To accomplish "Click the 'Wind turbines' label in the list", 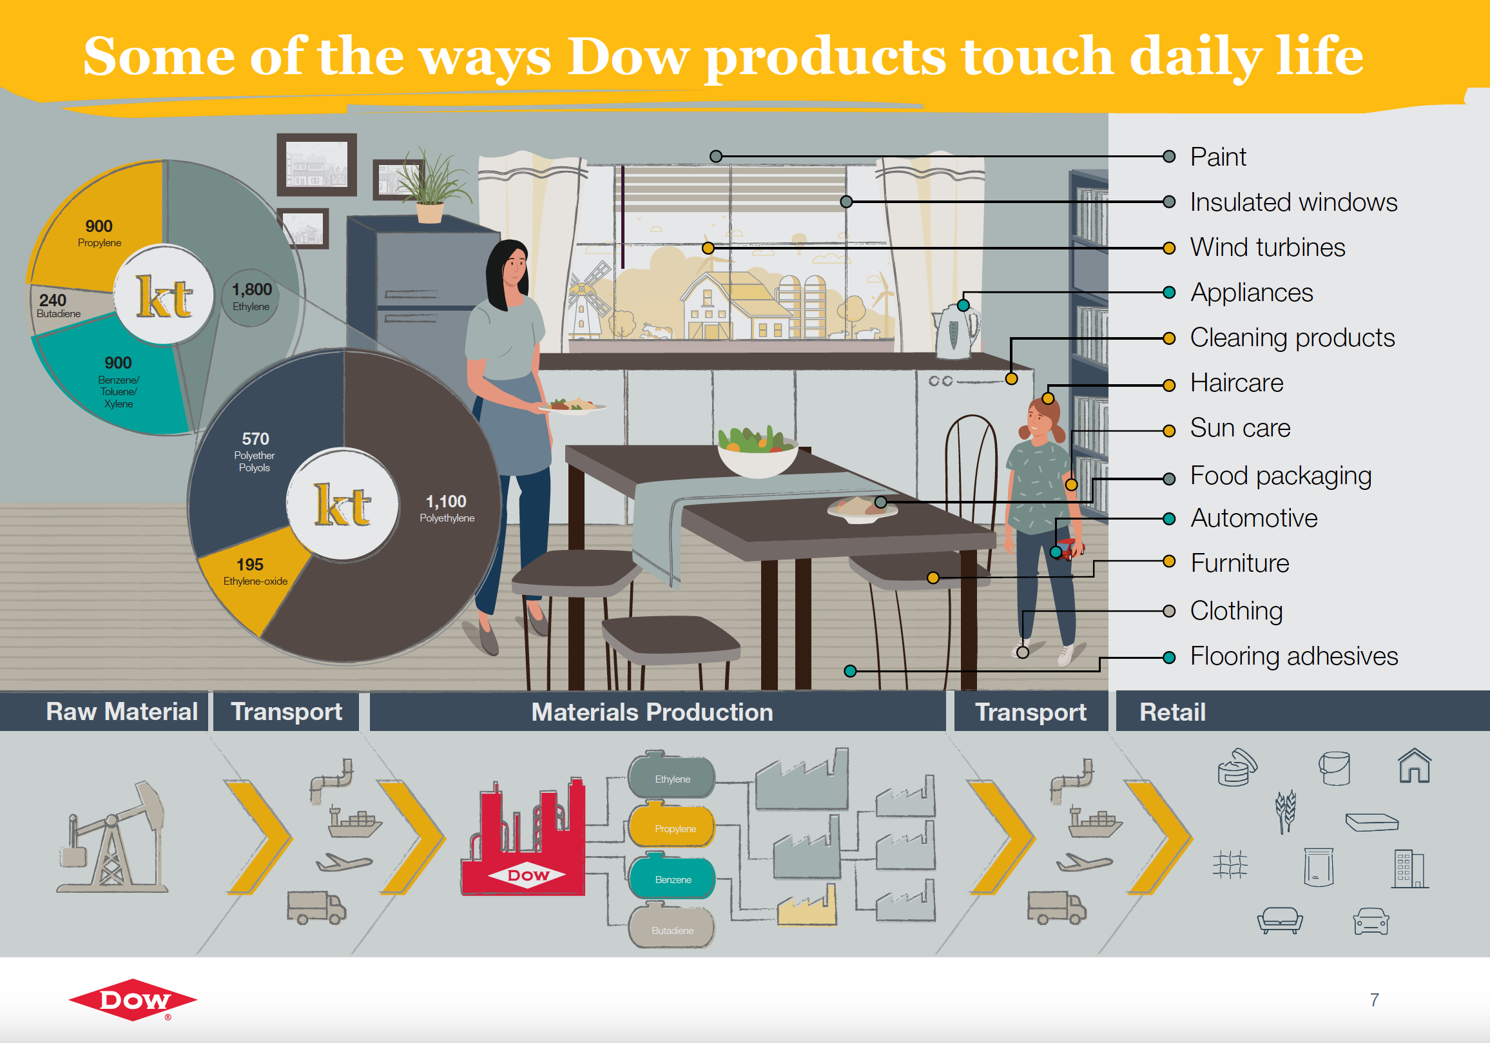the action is [1267, 248].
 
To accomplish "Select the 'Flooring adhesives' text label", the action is [1293, 656].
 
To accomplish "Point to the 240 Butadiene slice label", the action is [58, 305].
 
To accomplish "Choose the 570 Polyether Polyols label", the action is [255, 452].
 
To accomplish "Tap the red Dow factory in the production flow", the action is [523, 838].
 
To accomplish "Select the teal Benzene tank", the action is [672, 877].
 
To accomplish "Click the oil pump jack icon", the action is [111, 837].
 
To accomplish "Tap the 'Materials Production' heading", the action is [652, 712].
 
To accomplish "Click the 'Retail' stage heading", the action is [1173, 712].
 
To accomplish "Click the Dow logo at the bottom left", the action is [133, 1000].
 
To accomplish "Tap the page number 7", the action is [1375, 1000].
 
